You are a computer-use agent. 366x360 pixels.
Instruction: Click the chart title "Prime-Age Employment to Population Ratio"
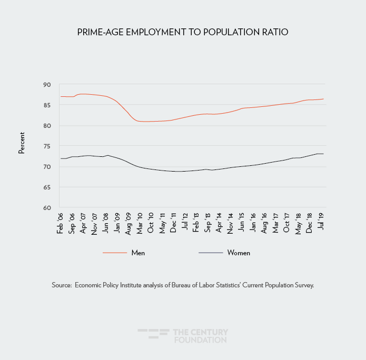(x=183, y=32)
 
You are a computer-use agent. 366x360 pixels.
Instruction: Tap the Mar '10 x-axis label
(x=140, y=222)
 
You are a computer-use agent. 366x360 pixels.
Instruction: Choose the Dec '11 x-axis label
(x=173, y=222)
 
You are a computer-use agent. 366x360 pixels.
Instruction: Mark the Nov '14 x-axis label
(x=231, y=222)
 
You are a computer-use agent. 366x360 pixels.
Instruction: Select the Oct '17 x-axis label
(x=287, y=222)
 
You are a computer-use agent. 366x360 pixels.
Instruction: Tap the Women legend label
(x=239, y=253)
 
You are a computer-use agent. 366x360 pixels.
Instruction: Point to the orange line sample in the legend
(x=115, y=253)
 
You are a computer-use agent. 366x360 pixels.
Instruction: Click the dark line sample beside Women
(x=211, y=253)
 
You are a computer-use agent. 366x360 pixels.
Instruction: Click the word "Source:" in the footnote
(x=62, y=285)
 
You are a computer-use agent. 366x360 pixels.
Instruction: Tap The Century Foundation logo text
(x=200, y=336)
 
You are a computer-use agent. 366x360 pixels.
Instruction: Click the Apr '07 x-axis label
(x=83, y=222)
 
